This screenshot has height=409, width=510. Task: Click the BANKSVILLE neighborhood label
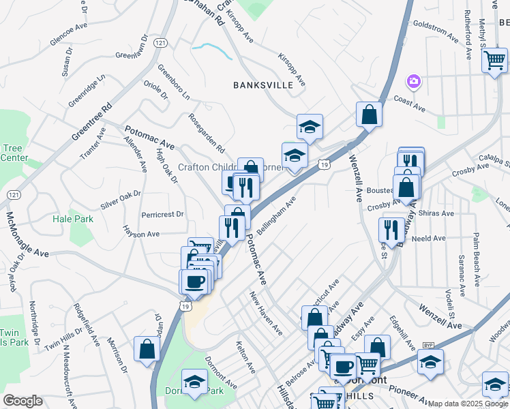click(x=263, y=85)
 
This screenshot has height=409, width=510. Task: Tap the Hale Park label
click(x=73, y=219)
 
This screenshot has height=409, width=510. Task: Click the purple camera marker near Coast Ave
click(x=413, y=82)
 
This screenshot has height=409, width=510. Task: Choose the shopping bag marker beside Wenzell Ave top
click(x=369, y=115)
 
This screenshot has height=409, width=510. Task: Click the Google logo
click(x=22, y=401)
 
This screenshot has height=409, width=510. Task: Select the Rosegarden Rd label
click(x=207, y=132)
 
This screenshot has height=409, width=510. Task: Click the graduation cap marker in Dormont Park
click(x=194, y=382)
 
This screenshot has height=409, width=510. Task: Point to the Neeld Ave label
click(x=428, y=239)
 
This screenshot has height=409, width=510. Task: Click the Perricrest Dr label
click(x=163, y=214)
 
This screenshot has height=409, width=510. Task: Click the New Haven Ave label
click(x=266, y=313)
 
